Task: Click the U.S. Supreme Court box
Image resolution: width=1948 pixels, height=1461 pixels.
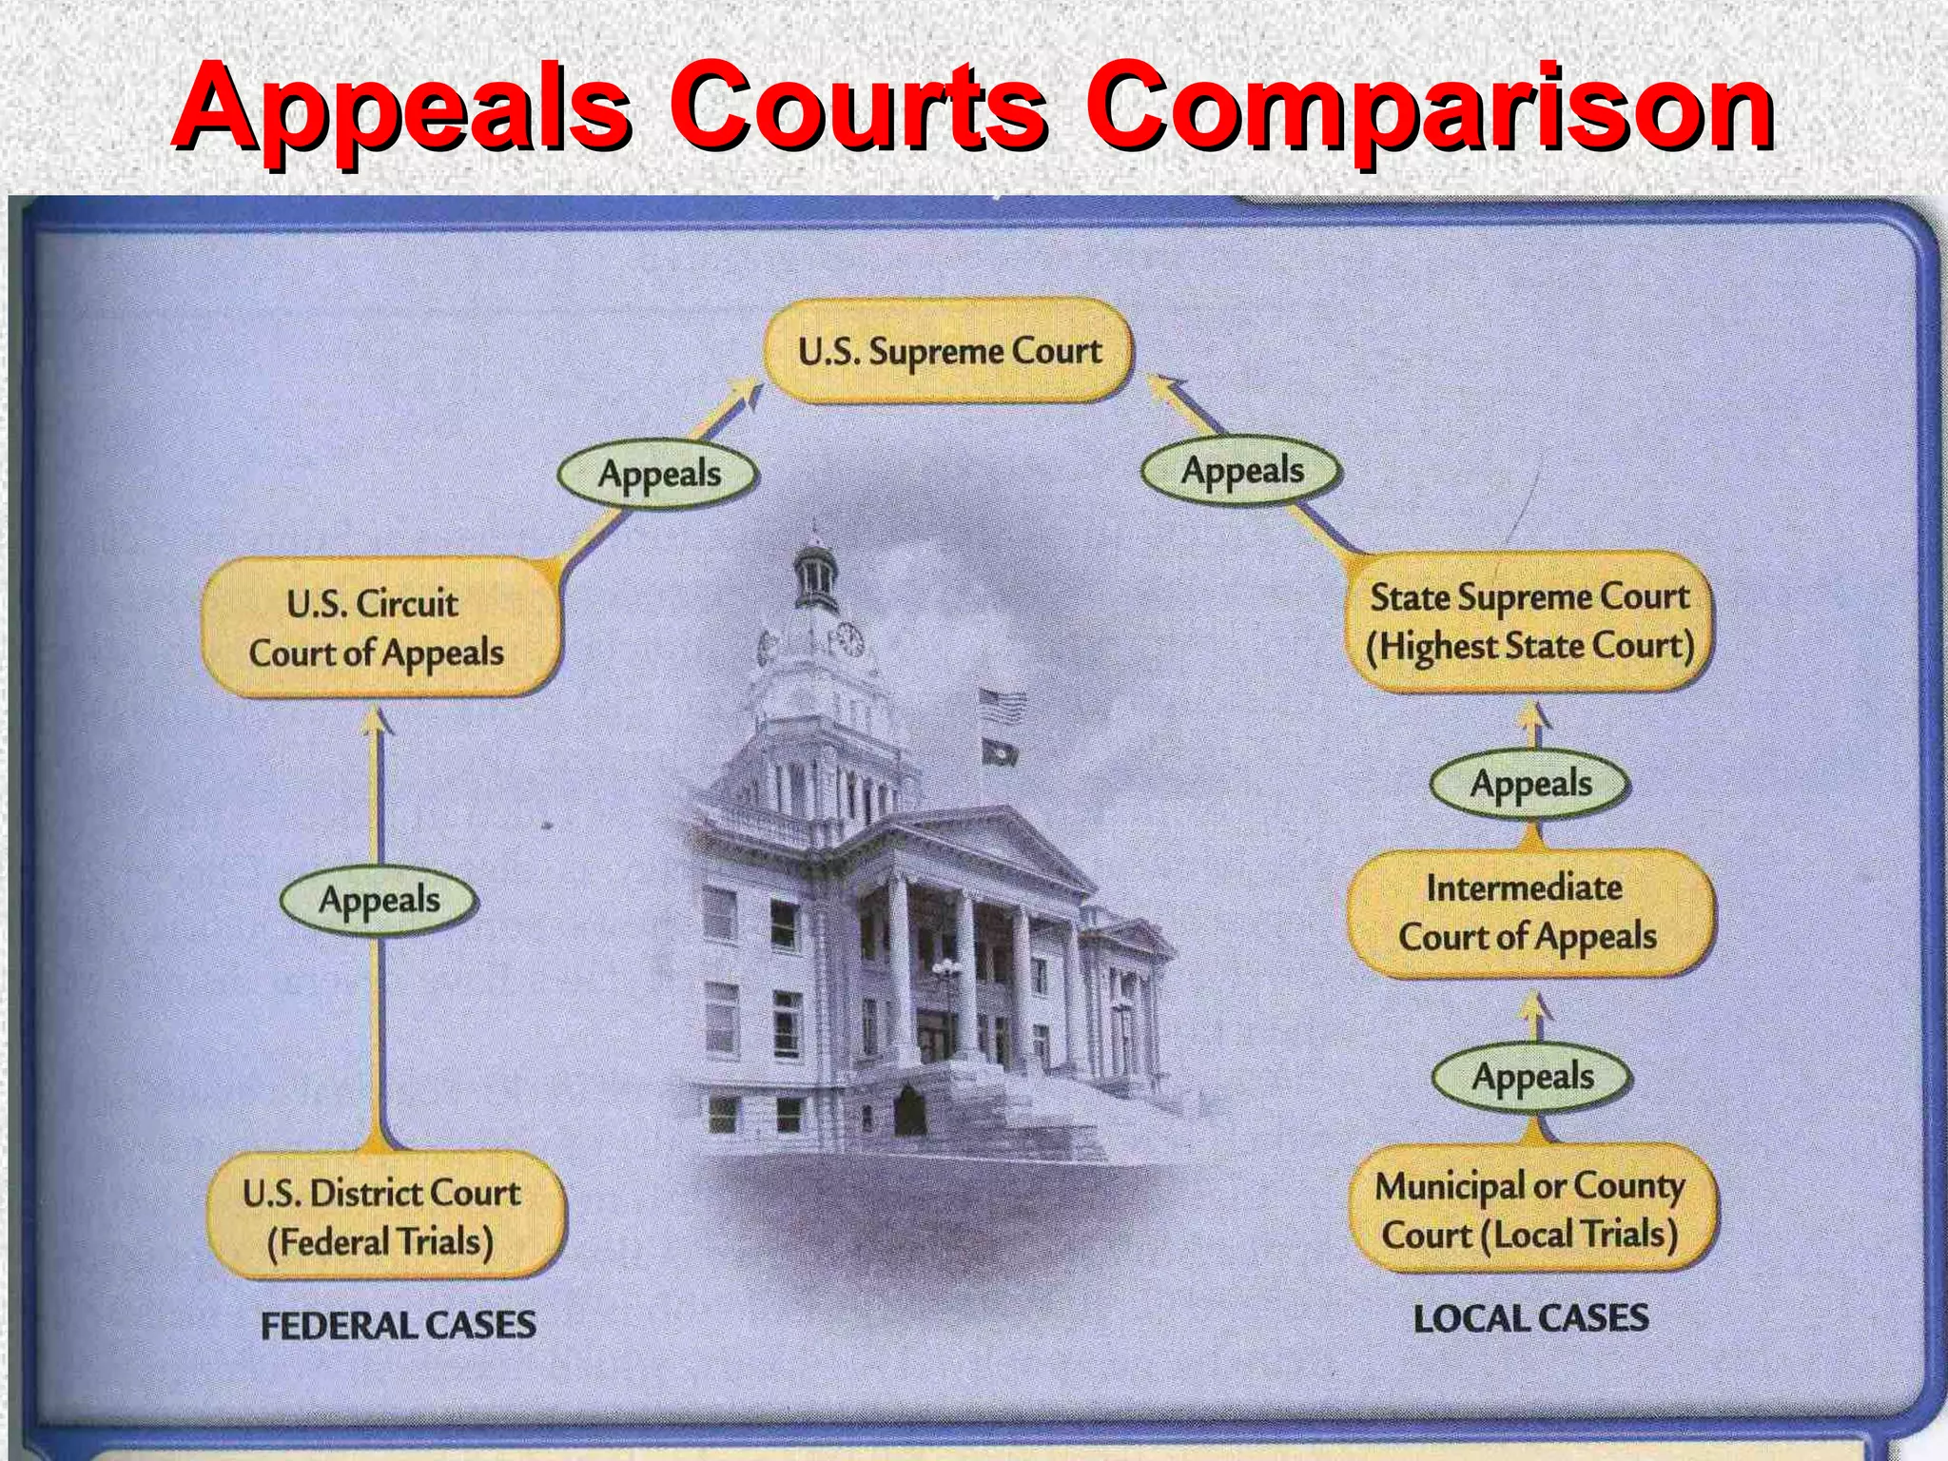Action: [948, 351]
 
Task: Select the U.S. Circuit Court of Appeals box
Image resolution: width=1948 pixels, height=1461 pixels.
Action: [378, 628]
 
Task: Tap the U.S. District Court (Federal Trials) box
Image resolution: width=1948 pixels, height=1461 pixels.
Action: [382, 1217]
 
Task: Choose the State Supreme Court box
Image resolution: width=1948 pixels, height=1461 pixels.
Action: [1529, 621]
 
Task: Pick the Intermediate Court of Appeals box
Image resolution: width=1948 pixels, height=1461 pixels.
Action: [1528, 912]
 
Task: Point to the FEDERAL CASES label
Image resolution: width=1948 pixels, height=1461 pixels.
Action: [399, 1325]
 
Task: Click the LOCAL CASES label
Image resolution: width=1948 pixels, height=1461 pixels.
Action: [1530, 1318]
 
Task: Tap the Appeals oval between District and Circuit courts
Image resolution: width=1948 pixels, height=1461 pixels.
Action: [379, 899]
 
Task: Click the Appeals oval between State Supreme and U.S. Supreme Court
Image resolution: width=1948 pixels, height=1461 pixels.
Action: [1242, 470]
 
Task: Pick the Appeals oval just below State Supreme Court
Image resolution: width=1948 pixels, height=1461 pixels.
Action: [1530, 784]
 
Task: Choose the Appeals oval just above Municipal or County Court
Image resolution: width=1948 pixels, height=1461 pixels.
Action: [1532, 1076]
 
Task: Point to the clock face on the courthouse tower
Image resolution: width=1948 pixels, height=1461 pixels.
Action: [849, 639]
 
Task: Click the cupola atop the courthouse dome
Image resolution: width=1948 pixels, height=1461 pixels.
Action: [815, 569]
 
